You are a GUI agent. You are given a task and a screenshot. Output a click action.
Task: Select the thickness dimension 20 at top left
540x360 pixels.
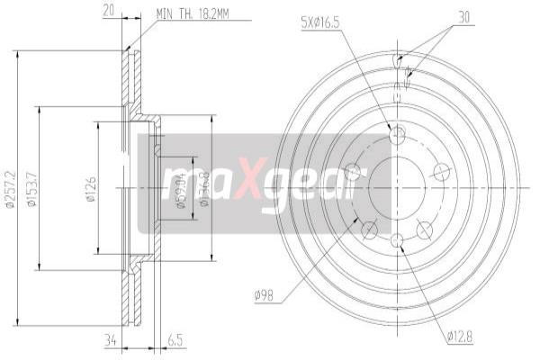[108, 11]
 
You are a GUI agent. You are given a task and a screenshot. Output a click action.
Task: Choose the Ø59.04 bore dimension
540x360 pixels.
[180, 188]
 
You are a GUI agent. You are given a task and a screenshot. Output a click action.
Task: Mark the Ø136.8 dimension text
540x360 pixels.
[204, 188]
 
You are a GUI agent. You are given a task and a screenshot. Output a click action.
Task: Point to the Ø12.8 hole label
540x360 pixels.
[461, 337]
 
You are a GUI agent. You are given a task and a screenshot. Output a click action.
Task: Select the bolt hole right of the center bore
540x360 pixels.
[441, 172]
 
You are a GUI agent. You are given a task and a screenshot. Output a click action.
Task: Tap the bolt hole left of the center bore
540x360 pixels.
[354, 172]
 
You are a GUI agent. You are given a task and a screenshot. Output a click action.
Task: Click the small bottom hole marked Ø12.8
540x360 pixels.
[398, 238]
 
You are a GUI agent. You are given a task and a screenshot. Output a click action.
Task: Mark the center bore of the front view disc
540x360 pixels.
[398, 188]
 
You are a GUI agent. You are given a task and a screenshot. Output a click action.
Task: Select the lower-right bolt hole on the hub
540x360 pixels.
[424, 231]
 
